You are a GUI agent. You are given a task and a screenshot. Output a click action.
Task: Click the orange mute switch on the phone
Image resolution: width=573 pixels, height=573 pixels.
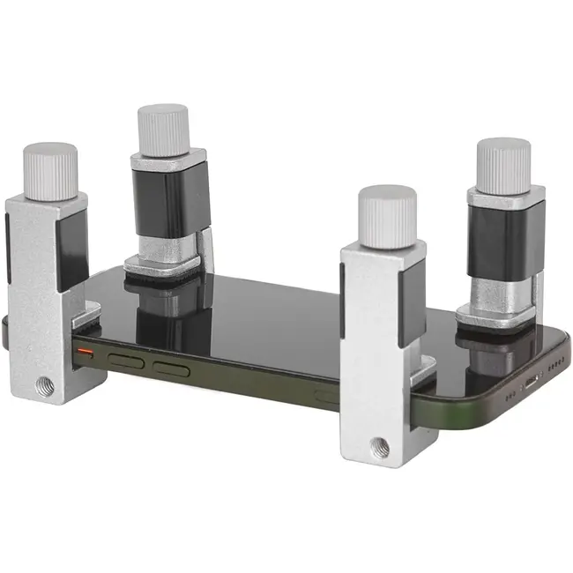tap(86, 351)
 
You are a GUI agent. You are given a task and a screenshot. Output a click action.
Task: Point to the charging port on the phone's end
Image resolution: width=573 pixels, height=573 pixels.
tap(531, 383)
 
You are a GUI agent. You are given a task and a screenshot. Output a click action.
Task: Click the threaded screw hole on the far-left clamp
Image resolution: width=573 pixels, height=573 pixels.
tap(41, 385)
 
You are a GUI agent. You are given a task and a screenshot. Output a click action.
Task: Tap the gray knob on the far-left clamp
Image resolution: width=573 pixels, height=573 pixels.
tap(51, 169)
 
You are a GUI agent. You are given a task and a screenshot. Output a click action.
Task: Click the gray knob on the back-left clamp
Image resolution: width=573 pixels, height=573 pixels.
tap(164, 129)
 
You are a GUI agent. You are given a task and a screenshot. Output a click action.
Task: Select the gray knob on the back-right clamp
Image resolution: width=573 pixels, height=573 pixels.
tap(502, 163)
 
